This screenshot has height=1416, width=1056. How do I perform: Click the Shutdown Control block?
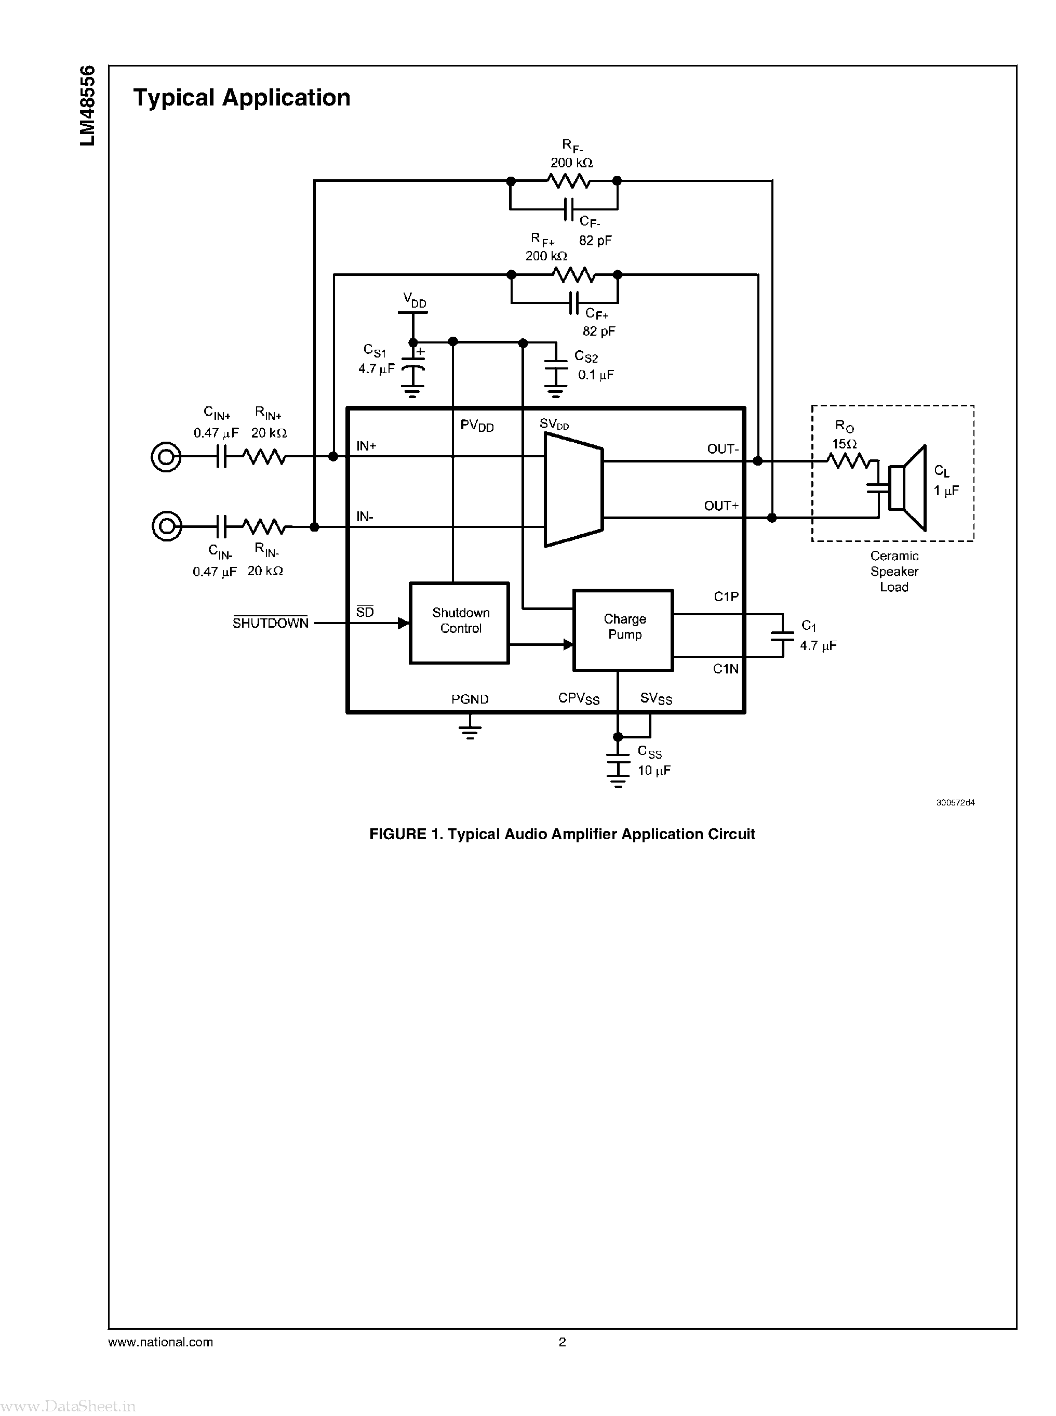[459, 623]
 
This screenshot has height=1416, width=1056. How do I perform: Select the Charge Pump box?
[623, 629]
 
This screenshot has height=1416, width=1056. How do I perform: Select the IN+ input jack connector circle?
[166, 457]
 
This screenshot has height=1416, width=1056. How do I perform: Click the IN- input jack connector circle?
[167, 526]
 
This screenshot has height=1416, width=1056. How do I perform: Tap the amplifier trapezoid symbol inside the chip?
[573, 489]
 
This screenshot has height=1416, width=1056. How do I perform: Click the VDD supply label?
[414, 299]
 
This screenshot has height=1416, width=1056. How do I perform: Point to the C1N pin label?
[726, 669]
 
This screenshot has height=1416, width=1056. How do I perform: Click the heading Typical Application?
[242, 98]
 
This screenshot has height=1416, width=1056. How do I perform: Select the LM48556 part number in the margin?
[88, 105]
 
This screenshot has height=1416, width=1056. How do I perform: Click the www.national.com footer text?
[161, 1342]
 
